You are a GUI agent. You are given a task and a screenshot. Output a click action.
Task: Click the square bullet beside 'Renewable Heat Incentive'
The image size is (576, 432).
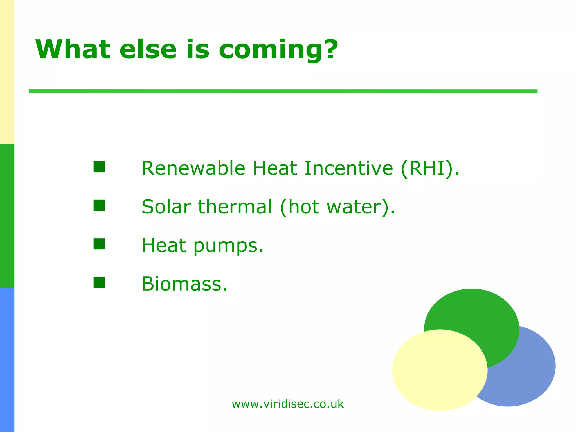tap(99, 167)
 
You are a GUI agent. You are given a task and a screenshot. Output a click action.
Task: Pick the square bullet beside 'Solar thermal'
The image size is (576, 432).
tap(99, 205)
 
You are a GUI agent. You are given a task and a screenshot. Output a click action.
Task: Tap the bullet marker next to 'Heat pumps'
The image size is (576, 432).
tap(99, 244)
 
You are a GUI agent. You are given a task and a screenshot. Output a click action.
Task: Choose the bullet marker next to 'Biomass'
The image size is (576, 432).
tap(99, 282)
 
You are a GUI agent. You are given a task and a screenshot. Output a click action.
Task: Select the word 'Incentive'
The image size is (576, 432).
tap(349, 168)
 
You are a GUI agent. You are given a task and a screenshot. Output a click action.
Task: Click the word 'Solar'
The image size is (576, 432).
tap(166, 207)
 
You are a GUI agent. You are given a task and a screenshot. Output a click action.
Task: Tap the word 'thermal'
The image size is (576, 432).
tap(235, 207)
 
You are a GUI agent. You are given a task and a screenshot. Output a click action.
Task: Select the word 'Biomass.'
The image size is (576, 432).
tap(184, 284)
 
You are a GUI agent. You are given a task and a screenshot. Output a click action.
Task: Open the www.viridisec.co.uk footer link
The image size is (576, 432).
tap(288, 404)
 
